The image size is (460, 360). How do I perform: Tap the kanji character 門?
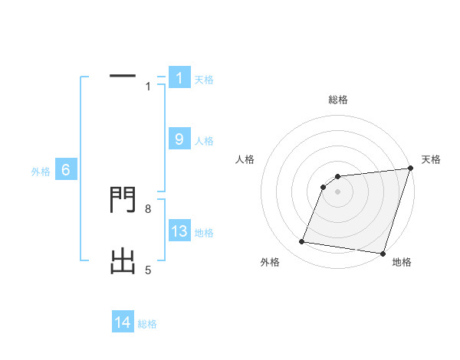(123, 201)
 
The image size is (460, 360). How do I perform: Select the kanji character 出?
(123, 263)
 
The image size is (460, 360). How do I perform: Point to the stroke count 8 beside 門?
(148, 208)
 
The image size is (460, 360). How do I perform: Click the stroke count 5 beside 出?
(148, 270)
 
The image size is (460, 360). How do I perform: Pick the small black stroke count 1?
(148, 87)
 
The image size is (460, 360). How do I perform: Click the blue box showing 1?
(179, 78)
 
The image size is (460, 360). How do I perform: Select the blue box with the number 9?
(179, 139)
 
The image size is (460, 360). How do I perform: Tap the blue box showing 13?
(179, 231)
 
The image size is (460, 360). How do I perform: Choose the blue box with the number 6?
(66, 171)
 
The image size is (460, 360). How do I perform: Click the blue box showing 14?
(123, 322)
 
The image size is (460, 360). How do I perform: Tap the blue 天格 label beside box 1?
(204, 79)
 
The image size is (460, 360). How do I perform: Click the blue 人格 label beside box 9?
(204, 140)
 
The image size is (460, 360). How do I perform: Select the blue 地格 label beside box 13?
(204, 232)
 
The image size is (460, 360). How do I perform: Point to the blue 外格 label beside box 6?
(41, 172)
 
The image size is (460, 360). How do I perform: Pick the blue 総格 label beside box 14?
(147, 323)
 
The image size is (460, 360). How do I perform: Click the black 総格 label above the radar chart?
(337, 100)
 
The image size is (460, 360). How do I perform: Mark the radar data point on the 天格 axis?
(410, 169)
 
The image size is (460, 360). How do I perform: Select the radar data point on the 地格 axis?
(383, 253)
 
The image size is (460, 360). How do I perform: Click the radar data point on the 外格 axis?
(302, 242)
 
